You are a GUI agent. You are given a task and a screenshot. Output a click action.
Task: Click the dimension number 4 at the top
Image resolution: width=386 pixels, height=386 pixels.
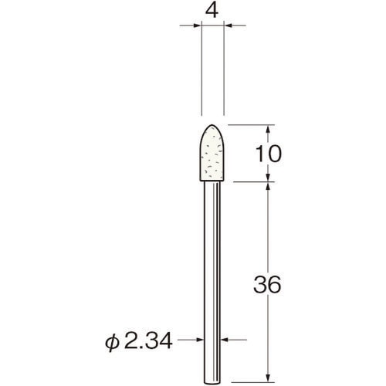tap(212, 12)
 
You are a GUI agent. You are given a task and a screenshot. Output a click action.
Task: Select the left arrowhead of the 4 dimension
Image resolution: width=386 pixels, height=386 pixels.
tap(195, 27)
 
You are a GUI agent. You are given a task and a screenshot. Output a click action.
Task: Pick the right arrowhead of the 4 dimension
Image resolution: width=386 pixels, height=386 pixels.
tap(230, 27)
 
